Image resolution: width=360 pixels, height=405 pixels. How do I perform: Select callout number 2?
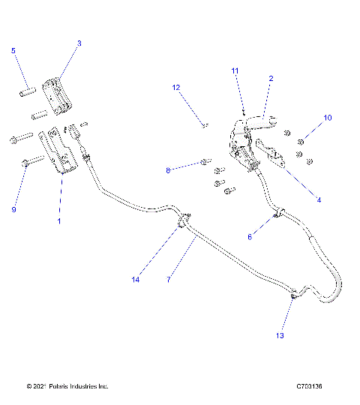click(271, 78)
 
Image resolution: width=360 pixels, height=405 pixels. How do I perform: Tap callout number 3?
click(79, 43)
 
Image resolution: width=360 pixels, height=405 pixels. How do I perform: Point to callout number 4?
click(318, 200)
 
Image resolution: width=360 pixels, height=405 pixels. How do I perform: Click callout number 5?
click(13, 50)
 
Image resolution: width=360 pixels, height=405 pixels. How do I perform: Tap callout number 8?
click(169, 171)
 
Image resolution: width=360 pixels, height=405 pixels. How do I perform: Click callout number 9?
click(13, 210)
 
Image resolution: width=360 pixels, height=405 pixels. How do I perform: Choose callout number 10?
click(327, 118)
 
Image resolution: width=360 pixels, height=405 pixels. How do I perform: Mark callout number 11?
click(235, 70)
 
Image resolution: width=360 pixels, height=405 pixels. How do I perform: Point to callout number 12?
click(176, 88)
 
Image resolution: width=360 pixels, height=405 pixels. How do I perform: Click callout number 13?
click(280, 336)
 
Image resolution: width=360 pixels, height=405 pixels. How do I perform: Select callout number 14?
click(136, 280)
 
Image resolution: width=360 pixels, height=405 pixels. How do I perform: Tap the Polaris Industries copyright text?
click(67, 386)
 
